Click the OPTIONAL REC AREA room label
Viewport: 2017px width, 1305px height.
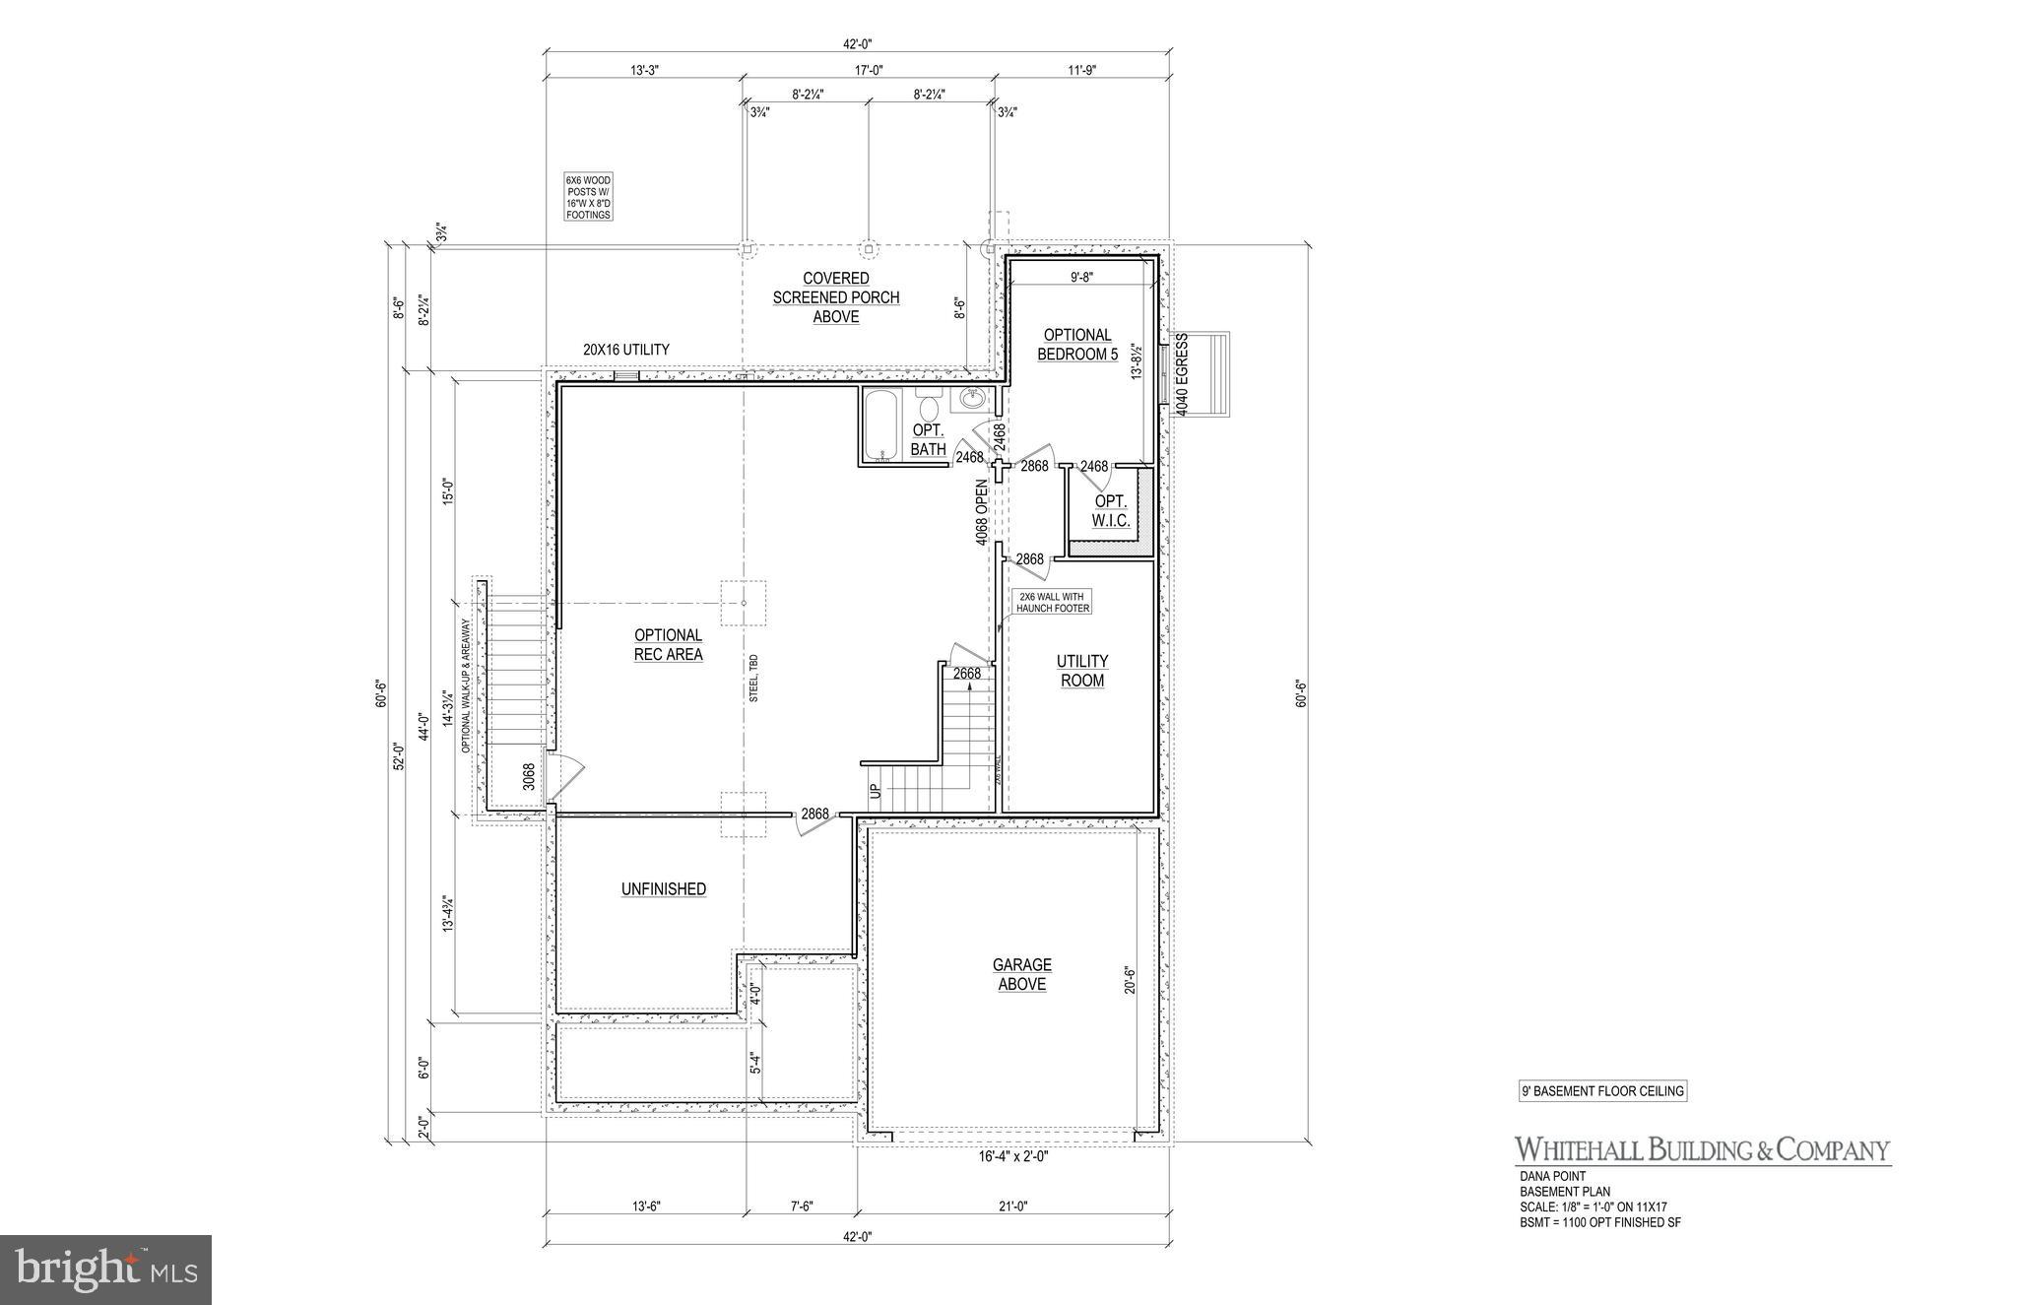point(668,645)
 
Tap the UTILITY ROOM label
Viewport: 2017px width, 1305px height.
point(1081,671)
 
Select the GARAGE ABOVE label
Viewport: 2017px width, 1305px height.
point(1021,974)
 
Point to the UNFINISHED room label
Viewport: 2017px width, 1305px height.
point(663,888)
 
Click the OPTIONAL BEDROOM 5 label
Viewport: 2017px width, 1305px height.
point(1077,345)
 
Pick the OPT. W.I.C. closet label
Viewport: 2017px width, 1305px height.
point(1111,511)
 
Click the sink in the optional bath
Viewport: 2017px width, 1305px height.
point(973,400)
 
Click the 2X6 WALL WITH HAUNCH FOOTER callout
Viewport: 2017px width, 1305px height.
point(1052,602)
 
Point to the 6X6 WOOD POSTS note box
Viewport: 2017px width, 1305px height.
point(588,197)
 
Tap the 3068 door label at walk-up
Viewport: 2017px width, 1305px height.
point(529,776)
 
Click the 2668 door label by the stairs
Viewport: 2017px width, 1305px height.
point(966,674)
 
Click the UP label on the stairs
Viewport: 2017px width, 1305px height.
point(874,791)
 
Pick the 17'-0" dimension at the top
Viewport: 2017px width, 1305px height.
point(868,70)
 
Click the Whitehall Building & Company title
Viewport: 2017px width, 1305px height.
point(1702,1149)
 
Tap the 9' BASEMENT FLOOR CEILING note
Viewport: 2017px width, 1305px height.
point(1602,1091)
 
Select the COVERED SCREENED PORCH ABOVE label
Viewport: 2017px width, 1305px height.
point(835,297)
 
